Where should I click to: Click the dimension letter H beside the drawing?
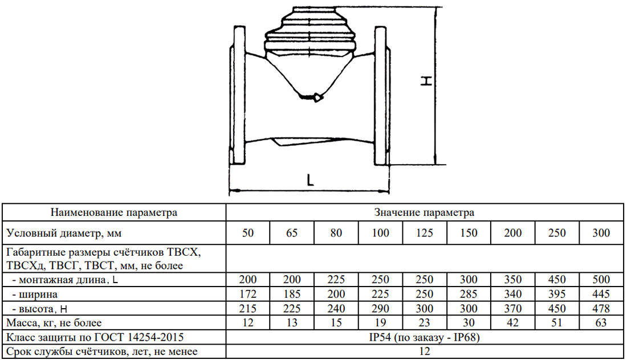pyautogui.click(x=427, y=81)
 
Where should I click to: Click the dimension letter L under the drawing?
pyautogui.click(x=310, y=181)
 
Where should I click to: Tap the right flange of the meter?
pyautogui.click(x=382, y=95)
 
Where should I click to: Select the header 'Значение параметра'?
pyautogui.click(x=424, y=212)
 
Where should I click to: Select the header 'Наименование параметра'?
pyautogui.click(x=114, y=212)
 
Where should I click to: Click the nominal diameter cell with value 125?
pyautogui.click(x=424, y=233)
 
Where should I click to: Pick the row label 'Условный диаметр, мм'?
pyautogui.click(x=64, y=233)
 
